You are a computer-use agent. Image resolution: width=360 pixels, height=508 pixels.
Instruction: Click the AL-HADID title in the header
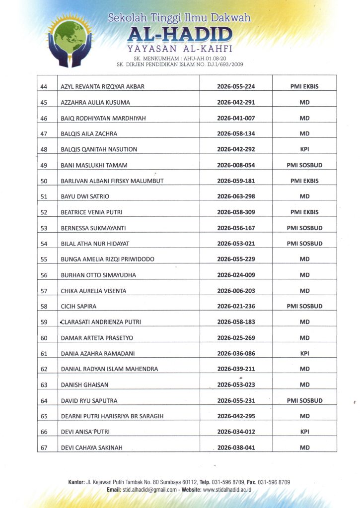[x=180, y=35]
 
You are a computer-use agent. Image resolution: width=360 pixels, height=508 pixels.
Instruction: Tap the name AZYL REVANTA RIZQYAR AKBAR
[x=102, y=86]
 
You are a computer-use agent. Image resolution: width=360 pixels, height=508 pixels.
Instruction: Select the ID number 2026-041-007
[x=236, y=118]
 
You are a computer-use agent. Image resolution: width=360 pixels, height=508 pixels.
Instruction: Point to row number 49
[x=44, y=165]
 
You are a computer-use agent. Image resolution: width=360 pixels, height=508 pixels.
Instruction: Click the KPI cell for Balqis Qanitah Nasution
[x=304, y=149]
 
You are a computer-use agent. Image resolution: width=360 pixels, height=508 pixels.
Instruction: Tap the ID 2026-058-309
[x=236, y=212]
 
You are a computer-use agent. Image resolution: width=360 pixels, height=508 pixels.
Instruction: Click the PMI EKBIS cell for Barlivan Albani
[x=304, y=181]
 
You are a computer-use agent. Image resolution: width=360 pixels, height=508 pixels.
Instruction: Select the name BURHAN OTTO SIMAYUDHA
[x=98, y=275]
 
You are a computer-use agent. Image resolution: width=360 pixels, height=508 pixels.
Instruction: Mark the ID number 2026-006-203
[x=236, y=291]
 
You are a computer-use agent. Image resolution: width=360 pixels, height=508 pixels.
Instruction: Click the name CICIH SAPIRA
[x=78, y=307]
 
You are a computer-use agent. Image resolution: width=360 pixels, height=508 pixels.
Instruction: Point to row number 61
[x=44, y=354]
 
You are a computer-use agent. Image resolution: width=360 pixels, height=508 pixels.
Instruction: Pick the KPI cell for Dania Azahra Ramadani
[x=304, y=354]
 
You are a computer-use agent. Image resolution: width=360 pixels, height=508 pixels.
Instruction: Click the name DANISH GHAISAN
[x=84, y=385]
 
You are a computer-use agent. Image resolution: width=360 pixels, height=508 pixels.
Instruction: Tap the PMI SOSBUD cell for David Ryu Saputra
[x=304, y=401]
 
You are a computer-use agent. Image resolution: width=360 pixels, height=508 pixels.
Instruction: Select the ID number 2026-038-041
[x=236, y=448]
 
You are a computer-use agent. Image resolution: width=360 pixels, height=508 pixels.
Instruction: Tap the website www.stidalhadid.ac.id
[x=227, y=490]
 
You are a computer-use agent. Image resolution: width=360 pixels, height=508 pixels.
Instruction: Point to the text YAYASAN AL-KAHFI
[x=180, y=49]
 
